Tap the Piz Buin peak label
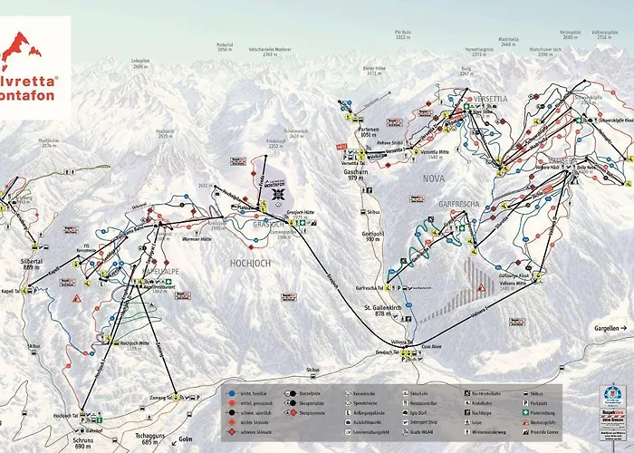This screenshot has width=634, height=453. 403,34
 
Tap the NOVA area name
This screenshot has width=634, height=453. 433,178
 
